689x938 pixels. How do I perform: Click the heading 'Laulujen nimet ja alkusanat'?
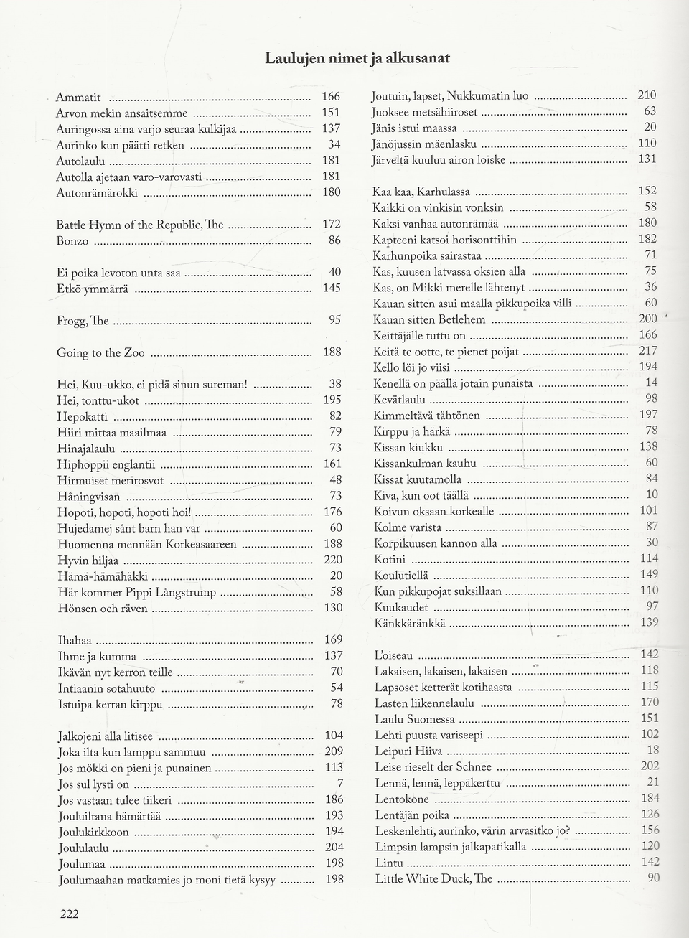tap(357, 58)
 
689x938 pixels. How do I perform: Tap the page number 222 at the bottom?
tap(69, 913)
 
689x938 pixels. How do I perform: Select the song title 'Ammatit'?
tap(78, 97)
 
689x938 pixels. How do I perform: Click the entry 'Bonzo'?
tap(72, 241)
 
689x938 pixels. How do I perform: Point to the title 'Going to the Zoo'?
tap(100, 352)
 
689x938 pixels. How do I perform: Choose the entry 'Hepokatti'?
tap(83, 416)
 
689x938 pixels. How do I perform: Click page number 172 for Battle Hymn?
tap(331, 225)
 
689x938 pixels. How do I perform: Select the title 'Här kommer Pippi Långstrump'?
tap(136, 593)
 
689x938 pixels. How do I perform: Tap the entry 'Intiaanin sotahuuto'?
tap(106, 688)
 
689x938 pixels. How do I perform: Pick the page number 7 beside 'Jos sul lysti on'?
tap(339, 783)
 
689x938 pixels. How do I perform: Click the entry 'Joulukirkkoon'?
tap(93, 833)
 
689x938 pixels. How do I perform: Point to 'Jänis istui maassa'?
tap(413, 128)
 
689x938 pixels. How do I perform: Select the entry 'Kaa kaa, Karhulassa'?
tap(421, 192)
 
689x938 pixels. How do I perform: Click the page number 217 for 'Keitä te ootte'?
tap(647, 351)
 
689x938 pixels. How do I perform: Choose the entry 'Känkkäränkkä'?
tap(410, 624)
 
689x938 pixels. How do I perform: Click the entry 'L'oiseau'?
tap(393, 655)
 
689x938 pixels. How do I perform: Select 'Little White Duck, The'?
tap(433, 879)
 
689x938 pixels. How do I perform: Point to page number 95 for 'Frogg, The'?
tap(334, 320)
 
